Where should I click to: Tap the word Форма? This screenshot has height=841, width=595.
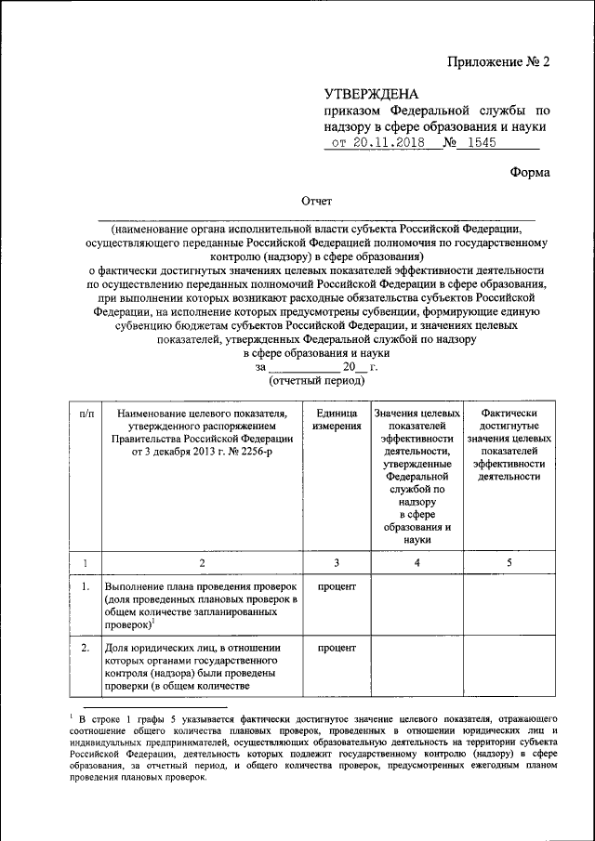tap(530, 173)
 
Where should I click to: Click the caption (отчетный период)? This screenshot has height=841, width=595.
tap(315, 381)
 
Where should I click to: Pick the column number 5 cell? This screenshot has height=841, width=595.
tap(507, 563)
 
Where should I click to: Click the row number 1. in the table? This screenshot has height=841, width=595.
tap(86, 588)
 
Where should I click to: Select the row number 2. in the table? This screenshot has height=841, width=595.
tap(86, 648)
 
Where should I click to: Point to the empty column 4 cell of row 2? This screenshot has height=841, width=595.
tap(417, 667)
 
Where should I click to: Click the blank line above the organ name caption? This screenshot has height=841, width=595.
tap(316, 219)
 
